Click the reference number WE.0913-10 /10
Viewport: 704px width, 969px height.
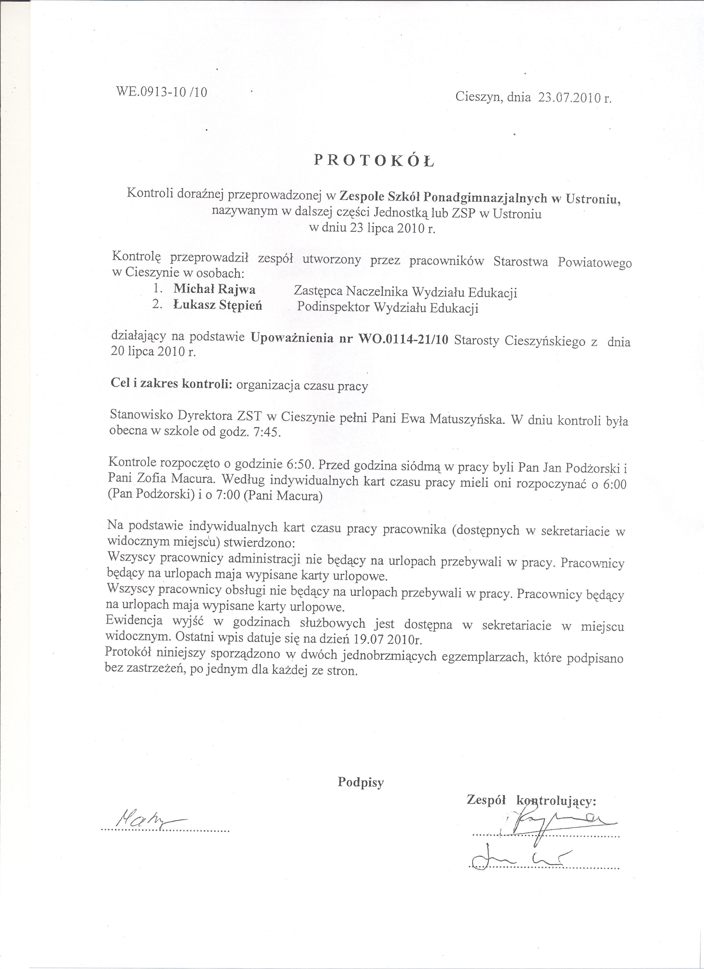(x=162, y=92)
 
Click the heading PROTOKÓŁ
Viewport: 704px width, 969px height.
(x=373, y=159)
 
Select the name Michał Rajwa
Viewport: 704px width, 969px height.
(x=215, y=289)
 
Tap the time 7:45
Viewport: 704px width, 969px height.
(x=267, y=432)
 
